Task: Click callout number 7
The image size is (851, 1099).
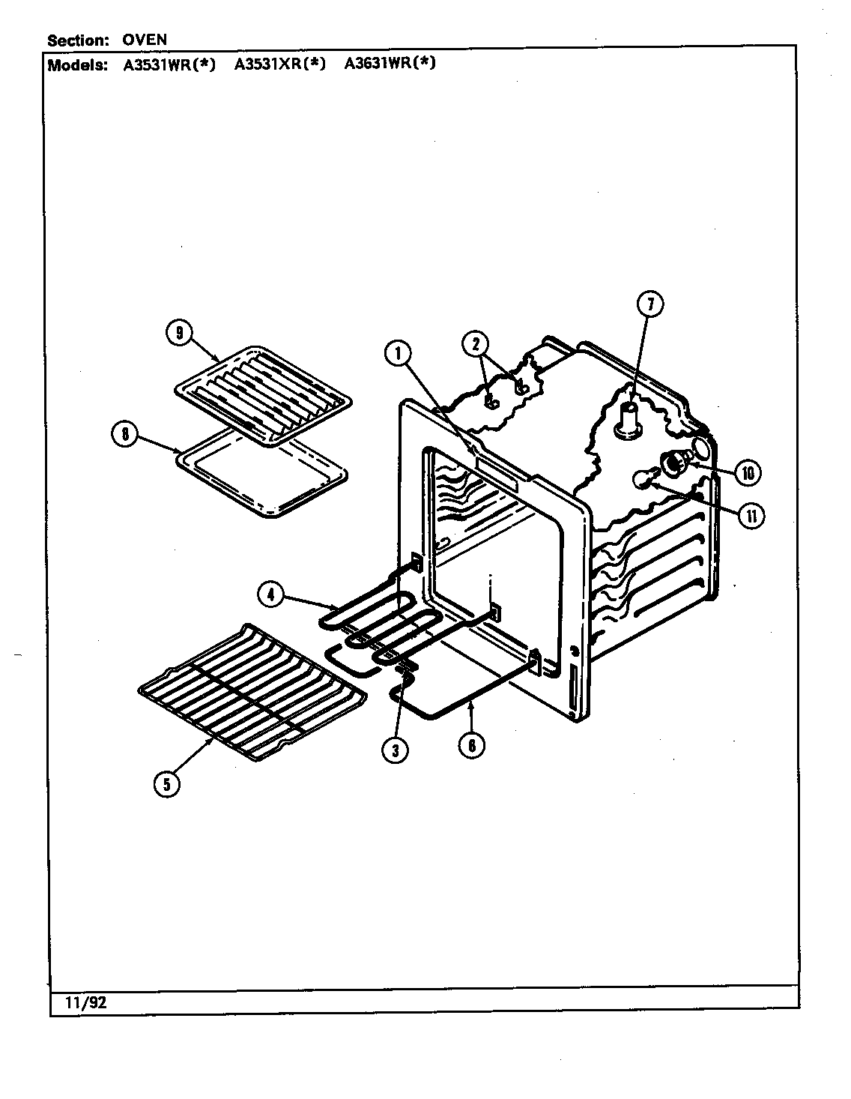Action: [x=650, y=304]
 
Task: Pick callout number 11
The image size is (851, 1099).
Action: [x=749, y=516]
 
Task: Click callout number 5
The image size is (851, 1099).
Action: [x=166, y=784]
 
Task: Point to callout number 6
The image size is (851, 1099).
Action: [x=472, y=746]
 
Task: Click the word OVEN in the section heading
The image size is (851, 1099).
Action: [x=145, y=39]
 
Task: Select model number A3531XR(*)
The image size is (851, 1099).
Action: [x=279, y=64]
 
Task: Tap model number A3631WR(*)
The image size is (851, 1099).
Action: [x=390, y=64]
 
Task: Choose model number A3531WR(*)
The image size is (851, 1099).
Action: [x=169, y=64]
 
